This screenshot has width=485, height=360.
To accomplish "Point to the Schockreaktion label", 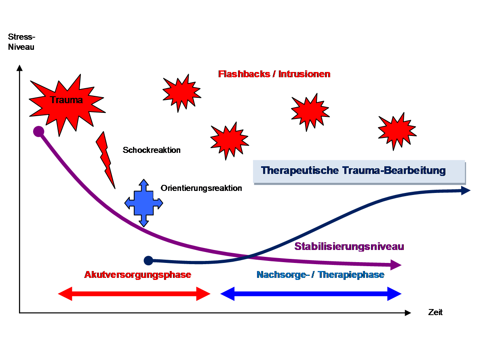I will [x=152, y=150].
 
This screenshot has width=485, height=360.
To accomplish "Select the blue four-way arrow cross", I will [x=143, y=203].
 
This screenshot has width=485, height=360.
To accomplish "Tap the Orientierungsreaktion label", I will [x=201, y=188].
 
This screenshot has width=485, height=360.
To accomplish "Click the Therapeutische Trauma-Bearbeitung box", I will [x=354, y=170].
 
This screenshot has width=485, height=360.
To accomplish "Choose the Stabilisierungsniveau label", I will [x=350, y=246].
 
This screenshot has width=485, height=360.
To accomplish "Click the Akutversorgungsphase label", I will [x=138, y=275].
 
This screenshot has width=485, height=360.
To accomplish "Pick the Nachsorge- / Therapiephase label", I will [x=320, y=275].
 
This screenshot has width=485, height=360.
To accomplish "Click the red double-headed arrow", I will [x=134, y=294].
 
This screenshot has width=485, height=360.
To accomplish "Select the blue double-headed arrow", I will [x=310, y=294].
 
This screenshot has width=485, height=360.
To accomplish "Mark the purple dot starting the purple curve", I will [x=38, y=131].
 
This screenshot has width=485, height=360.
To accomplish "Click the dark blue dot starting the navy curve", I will [x=148, y=260].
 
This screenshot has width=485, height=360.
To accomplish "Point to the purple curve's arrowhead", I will [x=396, y=265].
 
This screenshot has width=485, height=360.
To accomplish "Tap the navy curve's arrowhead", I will [x=466, y=190].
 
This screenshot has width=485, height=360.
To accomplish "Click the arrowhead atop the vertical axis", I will [x=19, y=68].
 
